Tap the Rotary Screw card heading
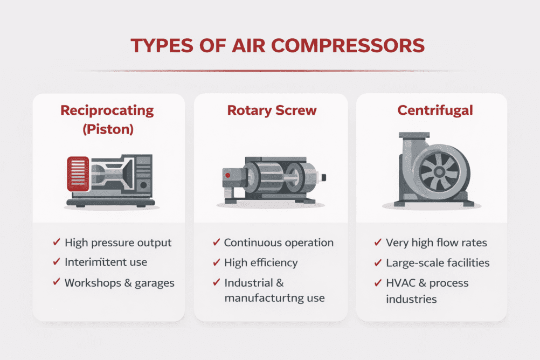click(272, 111)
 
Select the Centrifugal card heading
click(435, 111)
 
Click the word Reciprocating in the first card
click(107, 111)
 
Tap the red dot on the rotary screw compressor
click(229, 175)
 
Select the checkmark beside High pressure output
click(56, 243)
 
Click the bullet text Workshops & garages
click(119, 283)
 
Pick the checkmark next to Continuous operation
click(216, 243)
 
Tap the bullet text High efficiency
click(261, 263)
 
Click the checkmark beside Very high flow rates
click(378, 243)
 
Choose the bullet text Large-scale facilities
click(438, 263)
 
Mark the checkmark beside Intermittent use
click(56, 262)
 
